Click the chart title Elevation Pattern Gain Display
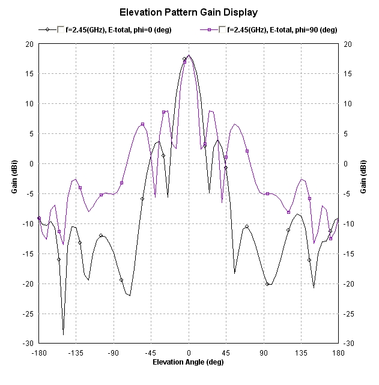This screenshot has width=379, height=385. pyautogui.click(x=189, y=12)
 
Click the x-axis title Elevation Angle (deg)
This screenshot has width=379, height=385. pyautogui.click(x=189, y=362)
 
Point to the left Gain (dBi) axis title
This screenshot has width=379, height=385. pyautogui.click(x=14, y=193)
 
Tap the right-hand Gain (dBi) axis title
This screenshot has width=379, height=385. pyautogui.click(x=364, y=193)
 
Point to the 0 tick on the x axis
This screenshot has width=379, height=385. pyautogui.click(x=189, y=353)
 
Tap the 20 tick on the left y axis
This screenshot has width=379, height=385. pyautogui.click(x=29, y=44)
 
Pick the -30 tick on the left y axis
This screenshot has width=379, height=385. pyautogui.click(x=28, y=344)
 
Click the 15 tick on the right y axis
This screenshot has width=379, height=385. pyautogui.click(x=348, y=74)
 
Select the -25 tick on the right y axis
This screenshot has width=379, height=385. pyautogui.click(x=350, y=314)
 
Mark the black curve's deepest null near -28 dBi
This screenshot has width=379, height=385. pyautogui.click(x=63, y=334)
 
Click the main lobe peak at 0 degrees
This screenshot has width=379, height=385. pyautogui.click(x=189, y=56)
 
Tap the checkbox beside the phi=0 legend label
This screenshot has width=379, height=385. pyautogui.click(x=61, y=29)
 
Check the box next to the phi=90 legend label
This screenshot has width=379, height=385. pyautogui.click(x=223, y=29)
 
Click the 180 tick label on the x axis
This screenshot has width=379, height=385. pyautogui.click(x=339, y=353)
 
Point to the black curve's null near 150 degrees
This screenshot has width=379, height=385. pyautogui.click(x=314, y=288)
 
